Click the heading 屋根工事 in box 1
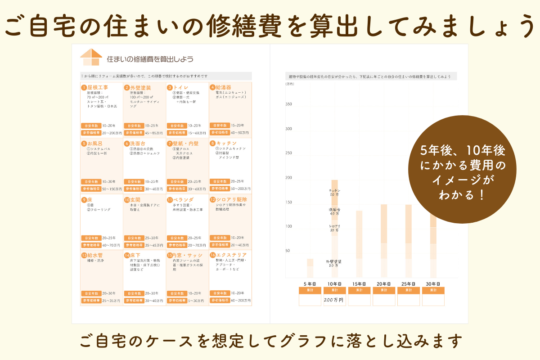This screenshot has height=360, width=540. pos(97,87)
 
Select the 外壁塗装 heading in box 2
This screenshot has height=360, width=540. pos(140,87)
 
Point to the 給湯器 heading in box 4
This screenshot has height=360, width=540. pos(223,87)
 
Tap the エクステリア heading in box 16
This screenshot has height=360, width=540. pos(231,255)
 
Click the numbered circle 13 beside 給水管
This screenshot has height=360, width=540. pos(84,255)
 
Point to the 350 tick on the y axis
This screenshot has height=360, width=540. pos(288,104)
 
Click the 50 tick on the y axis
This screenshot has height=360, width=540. pos(289,251)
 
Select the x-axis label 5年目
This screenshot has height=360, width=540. pos(310,284)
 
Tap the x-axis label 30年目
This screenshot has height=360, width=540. pos(432,284)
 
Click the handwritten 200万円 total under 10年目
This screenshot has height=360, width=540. pos(334,300)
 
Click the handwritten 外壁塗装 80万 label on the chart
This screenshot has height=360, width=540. pos(333,263)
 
